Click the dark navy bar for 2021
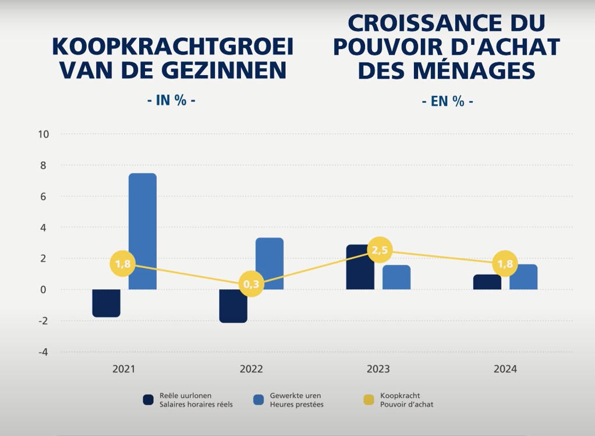point(106,303)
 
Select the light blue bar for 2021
point(143,231)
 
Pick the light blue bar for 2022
point(270,263)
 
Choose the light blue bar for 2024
point(523,277)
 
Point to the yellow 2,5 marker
point(379,250)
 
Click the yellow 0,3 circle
point(252,283)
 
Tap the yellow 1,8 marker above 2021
point(123,264)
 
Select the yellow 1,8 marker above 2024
point(506,264)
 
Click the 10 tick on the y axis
point(44,134)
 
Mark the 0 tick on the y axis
point(45,289)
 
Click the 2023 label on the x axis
point(378,369)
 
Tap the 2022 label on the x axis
point(252,369)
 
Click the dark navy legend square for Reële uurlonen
point(148,400)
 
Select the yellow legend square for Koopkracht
point(369,400)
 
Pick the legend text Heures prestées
point(296,405)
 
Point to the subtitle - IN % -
point(171,100)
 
